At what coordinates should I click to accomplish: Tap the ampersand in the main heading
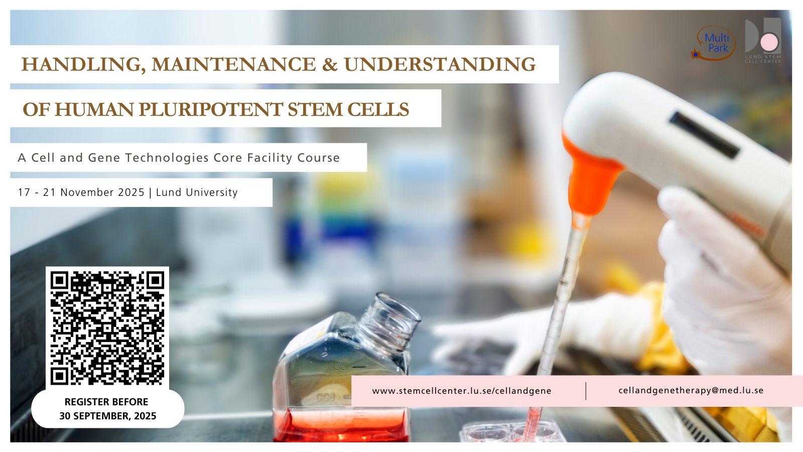click(330, 65)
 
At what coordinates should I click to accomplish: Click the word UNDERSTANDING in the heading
click(440, 65)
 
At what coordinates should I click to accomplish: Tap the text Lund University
click(197, 193)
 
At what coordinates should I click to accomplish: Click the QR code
click(107, 328)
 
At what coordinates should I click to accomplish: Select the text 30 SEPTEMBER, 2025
click(107, 416)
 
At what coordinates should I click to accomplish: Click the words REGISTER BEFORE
click(106, 402)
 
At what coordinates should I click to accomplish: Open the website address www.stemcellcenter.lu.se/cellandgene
click(462, 391)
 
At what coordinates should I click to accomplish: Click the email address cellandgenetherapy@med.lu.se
click(691, 390)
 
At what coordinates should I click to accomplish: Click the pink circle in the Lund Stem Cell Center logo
click(769, 43)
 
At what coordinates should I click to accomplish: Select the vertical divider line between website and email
click(586, 391)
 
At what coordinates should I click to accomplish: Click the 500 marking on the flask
click(337, 367)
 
